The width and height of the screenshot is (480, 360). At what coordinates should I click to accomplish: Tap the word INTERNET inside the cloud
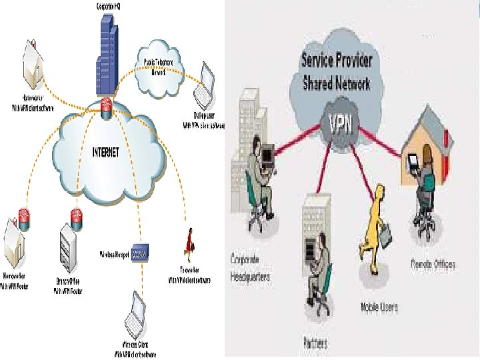(105, 153)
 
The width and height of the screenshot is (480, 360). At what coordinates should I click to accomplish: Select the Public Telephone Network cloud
(161, 67)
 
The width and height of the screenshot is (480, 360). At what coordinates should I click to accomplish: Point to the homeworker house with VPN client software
(31, 57)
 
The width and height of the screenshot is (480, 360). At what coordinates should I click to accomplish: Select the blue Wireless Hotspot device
(139, 253)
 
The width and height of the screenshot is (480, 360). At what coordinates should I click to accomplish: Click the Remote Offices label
(433, 265)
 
